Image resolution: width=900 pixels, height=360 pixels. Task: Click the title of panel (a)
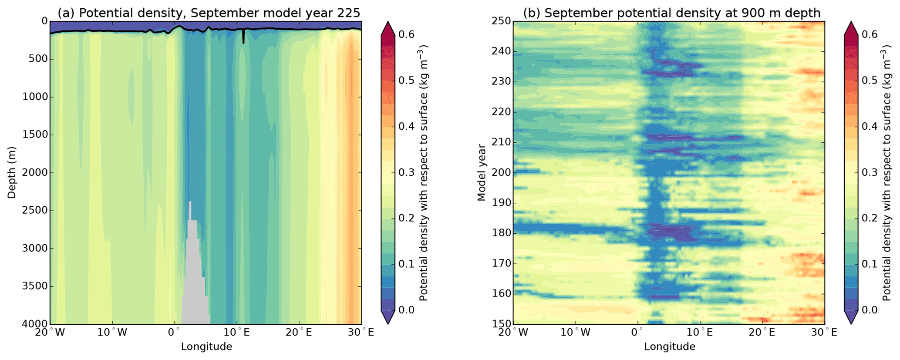[x=209, y=13]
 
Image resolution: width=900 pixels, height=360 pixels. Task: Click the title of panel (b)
[x=671, y=13]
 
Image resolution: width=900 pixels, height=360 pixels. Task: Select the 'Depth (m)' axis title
[x=12, y=172]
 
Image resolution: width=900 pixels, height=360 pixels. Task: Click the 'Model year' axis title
[x=481, y=173]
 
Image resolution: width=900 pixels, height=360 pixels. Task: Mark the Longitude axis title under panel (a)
[x=206, y=347]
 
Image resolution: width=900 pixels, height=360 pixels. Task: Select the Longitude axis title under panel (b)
[x=670, y=347]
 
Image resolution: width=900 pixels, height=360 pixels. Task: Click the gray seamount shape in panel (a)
[x=193, y=283]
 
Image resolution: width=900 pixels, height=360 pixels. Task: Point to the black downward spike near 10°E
[x=243, y=37]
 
